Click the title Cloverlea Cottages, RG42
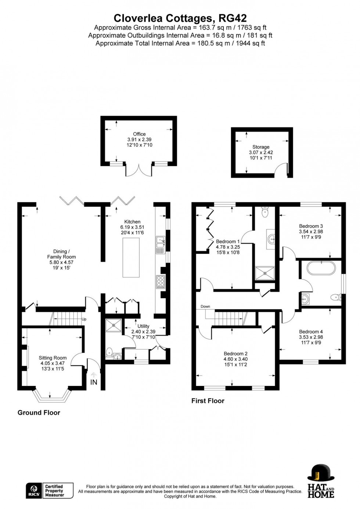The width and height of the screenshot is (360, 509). click(x=180, y=18)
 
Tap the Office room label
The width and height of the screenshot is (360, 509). click(x=139, y=134)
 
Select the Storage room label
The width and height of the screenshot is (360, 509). click(x=261, y=147)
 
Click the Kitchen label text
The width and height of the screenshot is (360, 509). click(x=132, y=222)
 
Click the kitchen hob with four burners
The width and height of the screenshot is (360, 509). click(x=161, y=281)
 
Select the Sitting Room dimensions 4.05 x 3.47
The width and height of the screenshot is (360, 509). click(x=53, y=363)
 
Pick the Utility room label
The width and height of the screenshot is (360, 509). click(x=143, y=326)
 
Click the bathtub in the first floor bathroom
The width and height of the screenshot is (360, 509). click(x=321, y=268)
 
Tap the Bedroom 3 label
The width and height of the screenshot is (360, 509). click(x=311, y=226)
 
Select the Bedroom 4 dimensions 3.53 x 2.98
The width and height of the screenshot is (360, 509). click(x=311, y=337)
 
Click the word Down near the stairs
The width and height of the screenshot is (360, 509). click(x=205, y=307)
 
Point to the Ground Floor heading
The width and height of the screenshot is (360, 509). click(x=39, y=412)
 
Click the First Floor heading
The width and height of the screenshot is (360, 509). click(x=208, y=401)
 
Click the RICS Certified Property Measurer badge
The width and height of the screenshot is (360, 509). click(x=50, y=491)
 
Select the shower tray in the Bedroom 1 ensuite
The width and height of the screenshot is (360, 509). click(x=265, y=272)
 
